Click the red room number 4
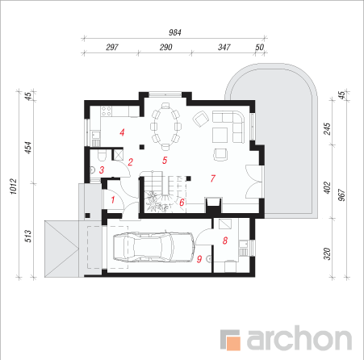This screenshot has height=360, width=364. [122, 132]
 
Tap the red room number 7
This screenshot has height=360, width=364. [213, 178]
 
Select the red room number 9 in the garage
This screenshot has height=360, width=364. [199, 259]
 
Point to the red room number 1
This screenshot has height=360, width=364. [113, 200]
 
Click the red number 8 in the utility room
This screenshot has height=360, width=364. [225, 241]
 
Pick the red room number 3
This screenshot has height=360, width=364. [102, 170]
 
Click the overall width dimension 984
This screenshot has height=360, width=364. [175, 32]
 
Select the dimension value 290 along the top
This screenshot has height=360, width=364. [165, 48]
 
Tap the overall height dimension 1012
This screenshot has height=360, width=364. [14, 186]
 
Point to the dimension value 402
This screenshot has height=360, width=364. [327, 187]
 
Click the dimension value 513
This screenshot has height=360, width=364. [28, 236]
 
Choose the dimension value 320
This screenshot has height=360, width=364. [327, 253]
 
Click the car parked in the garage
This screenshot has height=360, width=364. [153, 247]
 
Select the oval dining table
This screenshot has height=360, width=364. [165, 126]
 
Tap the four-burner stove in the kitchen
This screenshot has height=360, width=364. [106, 111]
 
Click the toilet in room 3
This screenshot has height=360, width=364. [102, 156]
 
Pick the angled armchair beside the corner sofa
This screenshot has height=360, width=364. [201, 119]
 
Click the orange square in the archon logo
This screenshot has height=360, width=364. [233, 343]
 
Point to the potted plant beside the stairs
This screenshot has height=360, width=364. [153, 200]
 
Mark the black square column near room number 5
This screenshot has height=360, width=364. [142, 147]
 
